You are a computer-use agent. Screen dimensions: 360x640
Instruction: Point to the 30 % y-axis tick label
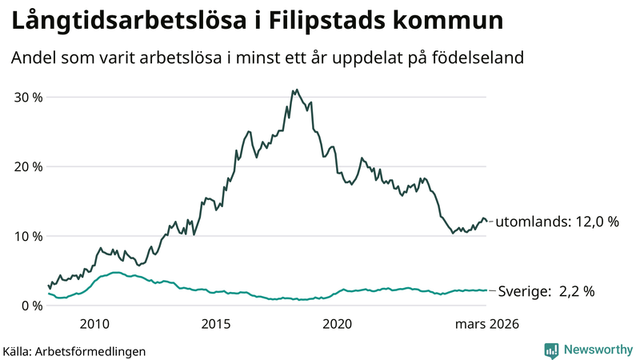[x=28, y=97]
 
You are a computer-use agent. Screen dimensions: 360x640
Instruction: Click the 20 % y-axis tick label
[x=28, y=166]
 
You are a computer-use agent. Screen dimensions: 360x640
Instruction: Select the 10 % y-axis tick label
[x=28, y=236]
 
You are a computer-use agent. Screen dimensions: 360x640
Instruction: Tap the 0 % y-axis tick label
[x=32, y=306]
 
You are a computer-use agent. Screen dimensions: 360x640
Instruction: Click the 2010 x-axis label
[x=94, y=324]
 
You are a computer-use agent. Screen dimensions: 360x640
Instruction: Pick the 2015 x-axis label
[x=216, y=324]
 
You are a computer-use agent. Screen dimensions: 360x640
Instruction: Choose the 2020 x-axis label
[x=337, y=324]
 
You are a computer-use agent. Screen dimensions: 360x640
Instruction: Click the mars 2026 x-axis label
[x=487, y=324]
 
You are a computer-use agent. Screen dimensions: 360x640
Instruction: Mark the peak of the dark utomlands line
[x=296, y=90]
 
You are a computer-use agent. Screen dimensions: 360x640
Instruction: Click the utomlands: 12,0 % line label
[x=558, y=222]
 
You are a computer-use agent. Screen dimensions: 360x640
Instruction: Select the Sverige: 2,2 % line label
[x=546, y=291]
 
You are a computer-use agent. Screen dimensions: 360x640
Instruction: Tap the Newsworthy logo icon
[x=551, y=350]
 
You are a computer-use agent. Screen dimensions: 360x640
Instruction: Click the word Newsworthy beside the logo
[x=597, y=350]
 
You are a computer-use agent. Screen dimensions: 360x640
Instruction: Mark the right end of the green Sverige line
[x=486, y=290]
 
